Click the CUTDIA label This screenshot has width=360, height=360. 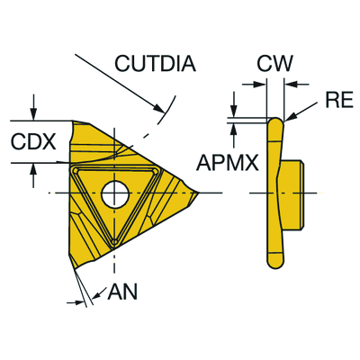coord(156,63)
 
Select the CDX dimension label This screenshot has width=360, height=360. coord(33,141)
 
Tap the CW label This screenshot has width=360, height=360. coord(274,63)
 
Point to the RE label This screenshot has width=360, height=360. coord(339,100)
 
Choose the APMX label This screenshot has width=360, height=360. coord(228,163)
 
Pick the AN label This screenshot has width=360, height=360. coord(122,292)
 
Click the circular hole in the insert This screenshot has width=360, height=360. coord(115,193)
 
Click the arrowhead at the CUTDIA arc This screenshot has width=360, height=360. coord(159,108)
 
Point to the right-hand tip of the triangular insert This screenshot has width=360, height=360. coord(199,193)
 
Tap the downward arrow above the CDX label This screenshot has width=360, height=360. coord(33,107)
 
